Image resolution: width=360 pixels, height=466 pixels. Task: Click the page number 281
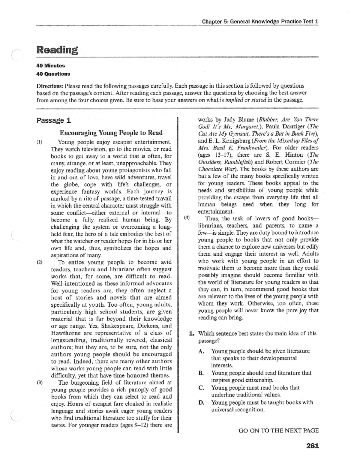(312, 446)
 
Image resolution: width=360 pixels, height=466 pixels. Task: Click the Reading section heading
(57, 50)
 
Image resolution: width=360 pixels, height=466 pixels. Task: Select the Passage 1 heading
(54, 121)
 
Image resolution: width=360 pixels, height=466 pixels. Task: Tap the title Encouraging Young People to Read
(111, 133)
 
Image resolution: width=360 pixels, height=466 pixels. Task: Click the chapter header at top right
(260, 21)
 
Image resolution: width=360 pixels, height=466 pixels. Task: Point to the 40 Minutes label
(51, 65)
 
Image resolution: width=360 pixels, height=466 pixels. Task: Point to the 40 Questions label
(53, 74)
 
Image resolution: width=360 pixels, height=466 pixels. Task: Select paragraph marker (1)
(40, 142)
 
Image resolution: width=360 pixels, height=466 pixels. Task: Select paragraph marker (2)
(40, 262)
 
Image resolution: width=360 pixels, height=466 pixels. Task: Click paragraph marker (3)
(40, 383)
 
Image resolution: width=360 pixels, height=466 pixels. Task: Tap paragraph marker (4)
(187, 218)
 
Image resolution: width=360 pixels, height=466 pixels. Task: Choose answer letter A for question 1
(201, 351)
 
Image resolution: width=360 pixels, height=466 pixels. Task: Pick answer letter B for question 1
(201, 373)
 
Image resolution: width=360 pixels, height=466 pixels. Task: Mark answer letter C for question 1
(201, 388)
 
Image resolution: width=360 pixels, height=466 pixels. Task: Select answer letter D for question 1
(201, 403)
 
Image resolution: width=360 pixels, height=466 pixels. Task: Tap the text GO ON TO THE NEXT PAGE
(278, 431)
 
